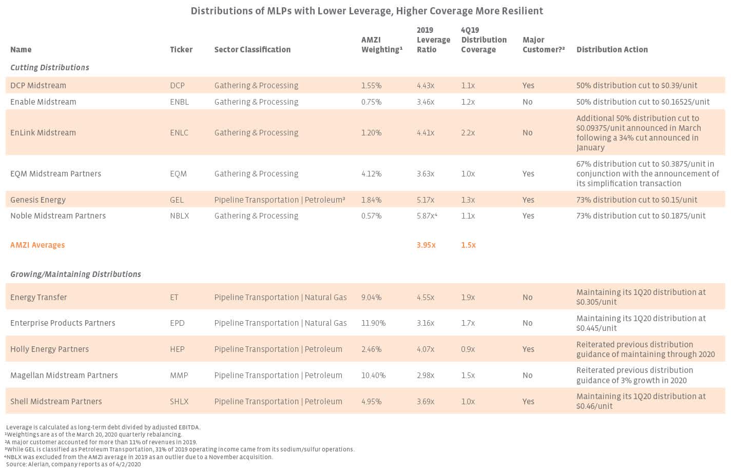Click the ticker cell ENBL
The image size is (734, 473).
[179, 102]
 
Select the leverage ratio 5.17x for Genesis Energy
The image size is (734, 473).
[426, 200]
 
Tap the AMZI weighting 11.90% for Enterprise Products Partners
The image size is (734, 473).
[373, 323]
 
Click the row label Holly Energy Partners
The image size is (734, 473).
[49, 349]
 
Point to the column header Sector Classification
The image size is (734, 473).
[252, 49]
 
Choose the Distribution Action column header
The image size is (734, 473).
[612, 49]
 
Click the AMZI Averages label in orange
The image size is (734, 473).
[37, 245]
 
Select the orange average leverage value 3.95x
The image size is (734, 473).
[426, 245]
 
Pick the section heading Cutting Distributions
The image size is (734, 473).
[50, 67]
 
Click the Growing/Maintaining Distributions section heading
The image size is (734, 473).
[75, 274]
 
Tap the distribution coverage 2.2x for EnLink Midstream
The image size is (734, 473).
[468, 132]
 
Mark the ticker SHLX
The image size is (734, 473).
[179, 401]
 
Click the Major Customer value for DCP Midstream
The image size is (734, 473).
[528, 85]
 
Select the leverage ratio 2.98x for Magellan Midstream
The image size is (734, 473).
[426, 375]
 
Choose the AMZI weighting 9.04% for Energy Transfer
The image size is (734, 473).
[371, 297]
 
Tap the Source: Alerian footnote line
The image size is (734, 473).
[73, 464]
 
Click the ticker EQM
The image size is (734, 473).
[178, 173]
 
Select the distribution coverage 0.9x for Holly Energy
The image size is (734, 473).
[468, 349]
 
